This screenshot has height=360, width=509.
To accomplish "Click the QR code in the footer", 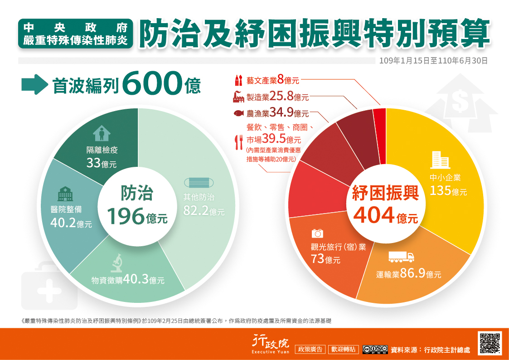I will (x=490, y=343).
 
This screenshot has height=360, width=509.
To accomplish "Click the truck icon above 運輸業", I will (x=401, y=257).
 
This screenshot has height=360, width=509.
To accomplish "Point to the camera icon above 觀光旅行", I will (x=317, y=234).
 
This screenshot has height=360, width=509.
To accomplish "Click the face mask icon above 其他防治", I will (x=199, y=183).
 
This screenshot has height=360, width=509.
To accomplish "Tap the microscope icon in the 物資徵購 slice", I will (x=117, y=262).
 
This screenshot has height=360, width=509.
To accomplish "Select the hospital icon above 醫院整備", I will (x=65, y=194).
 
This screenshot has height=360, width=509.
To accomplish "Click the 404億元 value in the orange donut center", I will (x=385, y=215).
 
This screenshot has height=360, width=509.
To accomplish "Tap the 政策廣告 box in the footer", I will (x=310, y=350).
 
